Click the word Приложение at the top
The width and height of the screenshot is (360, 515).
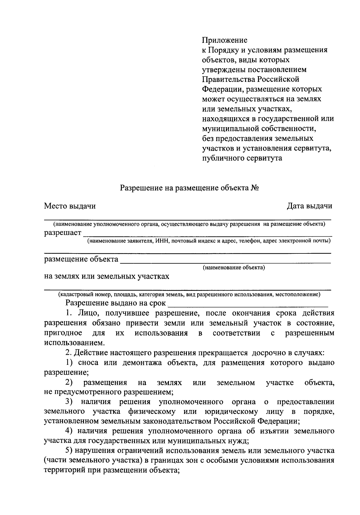point(224,40)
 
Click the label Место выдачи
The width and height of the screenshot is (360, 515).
point(70,206)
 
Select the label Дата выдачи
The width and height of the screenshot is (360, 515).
point(309,206)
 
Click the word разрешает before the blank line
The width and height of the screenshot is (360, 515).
point(63,233)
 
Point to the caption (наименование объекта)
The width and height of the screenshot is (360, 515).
point(234,267)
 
